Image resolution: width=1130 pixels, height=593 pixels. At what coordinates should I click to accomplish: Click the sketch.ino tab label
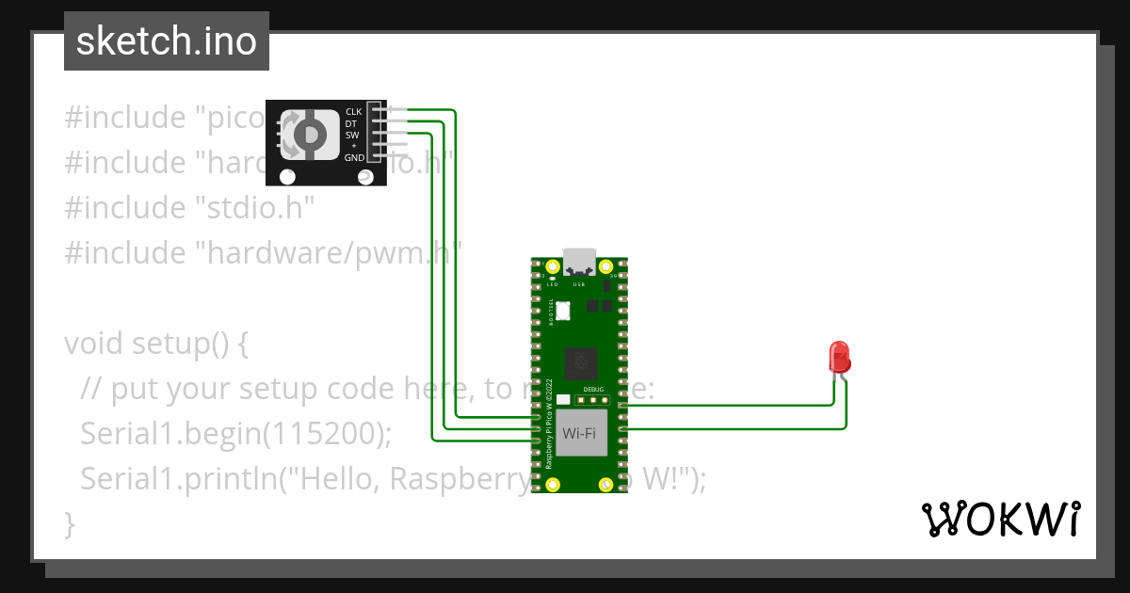(x=167, y=41)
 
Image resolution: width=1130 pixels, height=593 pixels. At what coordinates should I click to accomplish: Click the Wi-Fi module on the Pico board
(x=581, y=433)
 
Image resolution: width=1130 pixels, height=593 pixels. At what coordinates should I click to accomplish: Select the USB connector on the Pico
(x=579, y=262)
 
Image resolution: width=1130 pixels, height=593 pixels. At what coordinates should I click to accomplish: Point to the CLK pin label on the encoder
(x=353, y=111)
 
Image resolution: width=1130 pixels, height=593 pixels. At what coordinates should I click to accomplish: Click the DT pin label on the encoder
(x=350, y=123)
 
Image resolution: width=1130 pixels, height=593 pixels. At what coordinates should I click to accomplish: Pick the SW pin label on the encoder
(x=351, y=135)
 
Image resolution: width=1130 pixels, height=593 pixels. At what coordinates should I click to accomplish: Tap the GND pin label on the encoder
(x=353, y=157)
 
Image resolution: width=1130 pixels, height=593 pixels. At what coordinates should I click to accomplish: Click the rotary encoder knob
(x=308, y=136)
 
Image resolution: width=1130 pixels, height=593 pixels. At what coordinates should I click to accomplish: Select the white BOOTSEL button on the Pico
(x=564, y=310)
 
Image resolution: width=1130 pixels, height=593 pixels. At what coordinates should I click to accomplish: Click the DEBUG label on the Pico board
(x=593, y=389)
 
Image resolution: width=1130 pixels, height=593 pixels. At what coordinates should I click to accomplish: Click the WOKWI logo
(x=1000, y=519)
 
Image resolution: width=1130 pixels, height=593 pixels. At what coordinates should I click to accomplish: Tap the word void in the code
(x=92, y=344)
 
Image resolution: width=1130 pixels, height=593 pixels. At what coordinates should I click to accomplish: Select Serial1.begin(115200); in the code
(x=235, y=433)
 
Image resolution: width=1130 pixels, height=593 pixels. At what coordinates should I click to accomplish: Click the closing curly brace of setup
(x=69, y=522)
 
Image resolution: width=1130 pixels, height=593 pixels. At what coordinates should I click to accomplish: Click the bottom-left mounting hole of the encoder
(x=288, y=176)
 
